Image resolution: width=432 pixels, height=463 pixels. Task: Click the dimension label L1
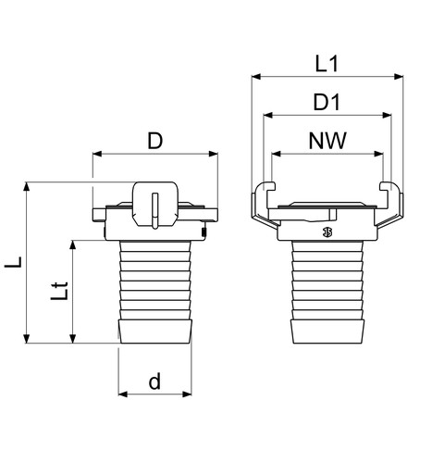(x=327, y=64)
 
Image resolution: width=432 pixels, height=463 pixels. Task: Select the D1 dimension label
(x=327, y=102)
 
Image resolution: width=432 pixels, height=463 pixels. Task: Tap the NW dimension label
(x=327, y=141)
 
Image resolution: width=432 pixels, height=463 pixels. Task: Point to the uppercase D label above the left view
(x=154, y=141)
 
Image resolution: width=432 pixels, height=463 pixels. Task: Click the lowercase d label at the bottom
(x=154, y=381)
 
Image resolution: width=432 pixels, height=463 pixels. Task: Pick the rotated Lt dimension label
(x=59, y=291)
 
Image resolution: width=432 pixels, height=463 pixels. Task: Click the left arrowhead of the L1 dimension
(x=256, y=77)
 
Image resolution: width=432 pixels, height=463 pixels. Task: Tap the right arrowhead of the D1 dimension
(x=387, y=115)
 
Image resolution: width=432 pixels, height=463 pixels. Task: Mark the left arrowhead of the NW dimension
(x=277, y=154)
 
